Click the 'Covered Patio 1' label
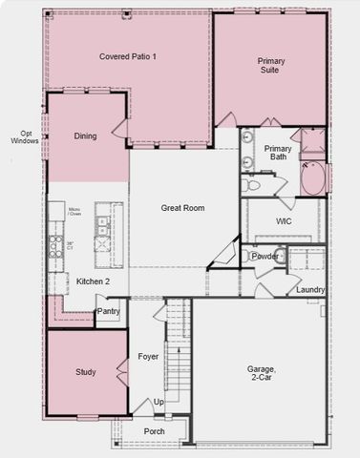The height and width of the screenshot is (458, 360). pos(127,57)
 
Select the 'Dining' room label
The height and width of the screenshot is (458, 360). pos(85,136)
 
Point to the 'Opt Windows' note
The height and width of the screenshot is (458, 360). pos(24,137)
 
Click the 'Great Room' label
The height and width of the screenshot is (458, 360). pos(182,207)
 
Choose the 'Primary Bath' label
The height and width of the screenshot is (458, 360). pos(278,153)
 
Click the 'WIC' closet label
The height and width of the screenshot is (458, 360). pos(284,221)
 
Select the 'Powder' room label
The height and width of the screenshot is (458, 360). pos(265,256)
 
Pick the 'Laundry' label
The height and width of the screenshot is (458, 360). pos(310,289)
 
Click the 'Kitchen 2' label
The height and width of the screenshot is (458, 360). pos(93,281)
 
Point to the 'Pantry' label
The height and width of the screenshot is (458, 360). pos(109,311)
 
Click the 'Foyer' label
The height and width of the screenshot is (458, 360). pos(148,358)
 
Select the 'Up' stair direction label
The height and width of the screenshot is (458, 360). pos(159,403)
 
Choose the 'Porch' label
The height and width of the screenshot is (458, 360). pos(154,431)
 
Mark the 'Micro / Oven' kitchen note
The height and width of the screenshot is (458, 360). pos(74,212)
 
